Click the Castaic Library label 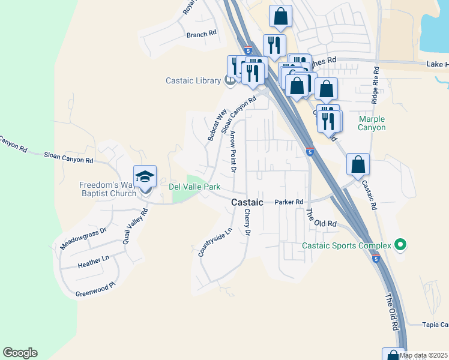pyautogui.click(x=193, y=80)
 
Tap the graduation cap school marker pyautogui.click(x=145, y=177)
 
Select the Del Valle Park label pyautogui.click(x=194, y=187)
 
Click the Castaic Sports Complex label pyautogui.click(x=346, y=245)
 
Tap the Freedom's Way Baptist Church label pyautogui.click(x=108, y=189)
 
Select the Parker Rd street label pyautogui.click(x=289, y=202)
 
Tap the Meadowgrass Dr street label pyautogui.click(x=83, y=239)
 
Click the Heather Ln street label pyautogui.click(x=94, y=261)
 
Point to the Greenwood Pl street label pyautogui.click(x=95, y=289)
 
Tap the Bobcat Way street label pyautogui.click(x=217, y=125)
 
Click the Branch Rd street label pyautogui.click(x=201, y=34)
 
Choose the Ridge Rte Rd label pyautogui.click(x=375, y=86)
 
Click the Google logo pyautogui.click(x=20, y=353)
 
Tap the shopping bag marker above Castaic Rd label pyautogui.click(x=358, y=165)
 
